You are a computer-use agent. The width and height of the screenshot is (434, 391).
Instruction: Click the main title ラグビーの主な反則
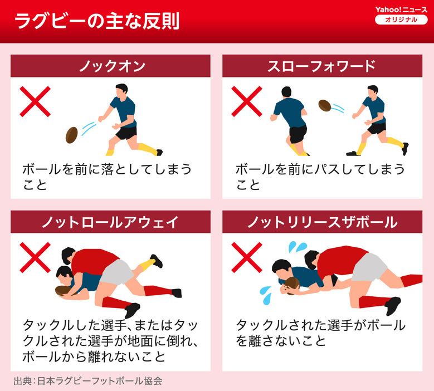click(97, 21)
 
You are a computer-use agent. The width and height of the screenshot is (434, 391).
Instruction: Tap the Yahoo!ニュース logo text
click(401, 9)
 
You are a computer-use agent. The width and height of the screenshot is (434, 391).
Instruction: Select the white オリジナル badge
click(401, 19)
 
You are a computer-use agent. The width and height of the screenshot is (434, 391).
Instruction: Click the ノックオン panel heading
click(113, 66)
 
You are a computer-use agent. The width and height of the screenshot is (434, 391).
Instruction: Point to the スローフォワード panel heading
click(321, 66)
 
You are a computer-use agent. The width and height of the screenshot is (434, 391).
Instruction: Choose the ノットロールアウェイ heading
click(110, 222)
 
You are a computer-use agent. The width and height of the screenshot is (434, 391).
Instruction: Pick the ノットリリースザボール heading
click(322, 222)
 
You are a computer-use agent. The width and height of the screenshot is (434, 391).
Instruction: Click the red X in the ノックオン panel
click(35, 101)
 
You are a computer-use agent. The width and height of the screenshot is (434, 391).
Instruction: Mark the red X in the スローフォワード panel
click(247, 101)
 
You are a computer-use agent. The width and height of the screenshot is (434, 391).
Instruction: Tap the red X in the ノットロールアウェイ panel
click(35, 258)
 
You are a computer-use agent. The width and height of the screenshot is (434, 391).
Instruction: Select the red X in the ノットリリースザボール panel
click(247, 258)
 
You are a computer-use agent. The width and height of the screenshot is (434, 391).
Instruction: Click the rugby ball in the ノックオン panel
click(72, 135)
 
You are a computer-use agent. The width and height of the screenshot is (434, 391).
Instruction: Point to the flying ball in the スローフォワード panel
click(325, 105)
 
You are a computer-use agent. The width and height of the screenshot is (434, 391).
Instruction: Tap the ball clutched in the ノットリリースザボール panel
click(292, 286)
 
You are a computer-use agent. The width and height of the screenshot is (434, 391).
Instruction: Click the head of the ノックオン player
click(121, 90)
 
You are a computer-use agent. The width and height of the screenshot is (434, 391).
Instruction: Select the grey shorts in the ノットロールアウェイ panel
click(117, 272)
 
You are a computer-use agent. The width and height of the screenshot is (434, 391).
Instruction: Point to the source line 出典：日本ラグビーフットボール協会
click(88, 381)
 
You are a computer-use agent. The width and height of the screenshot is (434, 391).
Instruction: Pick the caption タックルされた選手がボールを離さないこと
click(320, 333)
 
